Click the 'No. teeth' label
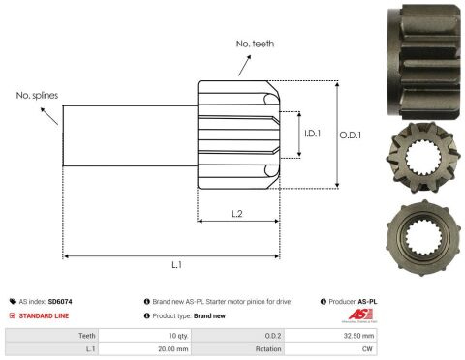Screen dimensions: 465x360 click(255, 44)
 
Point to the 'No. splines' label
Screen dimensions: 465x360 click(37, 96)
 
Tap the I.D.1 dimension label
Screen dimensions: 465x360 click(312, 134)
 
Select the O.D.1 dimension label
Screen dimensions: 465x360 click(351, 135)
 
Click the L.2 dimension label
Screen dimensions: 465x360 click(237, 214)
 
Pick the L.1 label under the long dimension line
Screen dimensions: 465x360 click(176, 265)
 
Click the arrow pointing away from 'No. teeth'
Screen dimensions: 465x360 click(244, 66)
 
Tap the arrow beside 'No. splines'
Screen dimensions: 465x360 click(49, 116)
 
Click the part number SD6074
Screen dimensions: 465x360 click(60, 302)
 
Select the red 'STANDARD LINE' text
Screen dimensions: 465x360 click(44, 315)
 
